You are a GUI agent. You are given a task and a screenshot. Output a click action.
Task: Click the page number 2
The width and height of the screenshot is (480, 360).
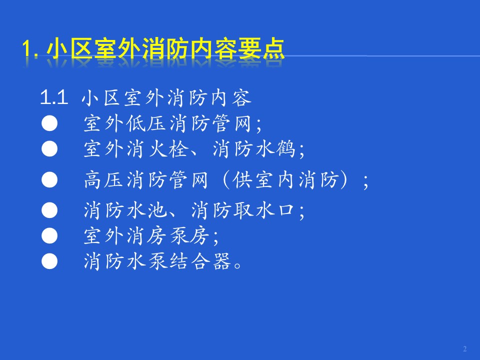pos(464,348)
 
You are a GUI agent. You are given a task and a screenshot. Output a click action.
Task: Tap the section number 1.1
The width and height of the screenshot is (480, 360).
pos(54,97)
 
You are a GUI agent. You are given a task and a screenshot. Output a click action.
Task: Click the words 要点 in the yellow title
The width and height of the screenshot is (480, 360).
pos(261,48)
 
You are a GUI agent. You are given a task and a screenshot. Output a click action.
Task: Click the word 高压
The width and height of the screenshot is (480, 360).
pos(104,179)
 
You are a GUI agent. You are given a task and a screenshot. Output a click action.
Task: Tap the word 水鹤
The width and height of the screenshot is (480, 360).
pos(275,149)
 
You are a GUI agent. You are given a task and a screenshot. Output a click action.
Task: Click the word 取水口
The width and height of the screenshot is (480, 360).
pos(264,210)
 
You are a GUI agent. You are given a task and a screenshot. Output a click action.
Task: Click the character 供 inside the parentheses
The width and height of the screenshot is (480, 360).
pos(243,179)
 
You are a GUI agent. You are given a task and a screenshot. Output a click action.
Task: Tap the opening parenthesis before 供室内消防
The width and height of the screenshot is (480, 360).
pos(226,179)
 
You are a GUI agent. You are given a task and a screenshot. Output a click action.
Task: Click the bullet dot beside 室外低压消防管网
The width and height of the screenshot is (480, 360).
pos(49,123)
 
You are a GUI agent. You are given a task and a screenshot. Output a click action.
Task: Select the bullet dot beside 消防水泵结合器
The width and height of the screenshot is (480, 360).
pos(49,261)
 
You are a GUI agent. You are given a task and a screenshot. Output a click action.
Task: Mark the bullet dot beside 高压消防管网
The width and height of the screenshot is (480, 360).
pos(49,179)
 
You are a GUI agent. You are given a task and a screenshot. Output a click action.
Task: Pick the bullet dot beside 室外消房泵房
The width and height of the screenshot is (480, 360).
pos(49,236)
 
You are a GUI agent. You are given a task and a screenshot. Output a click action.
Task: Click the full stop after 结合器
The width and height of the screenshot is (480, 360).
pos(237,265)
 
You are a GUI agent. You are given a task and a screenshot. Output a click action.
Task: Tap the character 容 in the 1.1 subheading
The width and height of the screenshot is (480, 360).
pos(242,98)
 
